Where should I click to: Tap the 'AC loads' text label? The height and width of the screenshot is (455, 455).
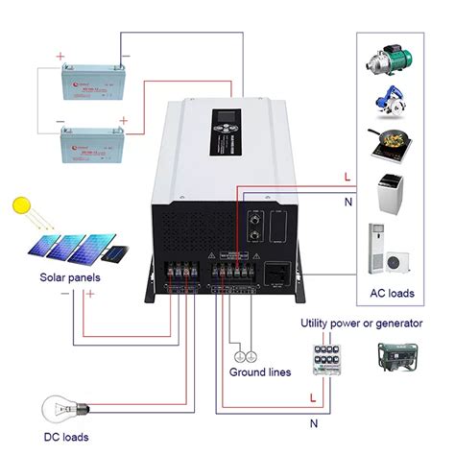[x=393, y=292]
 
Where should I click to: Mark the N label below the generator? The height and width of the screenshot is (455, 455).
[x=315, y=421]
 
